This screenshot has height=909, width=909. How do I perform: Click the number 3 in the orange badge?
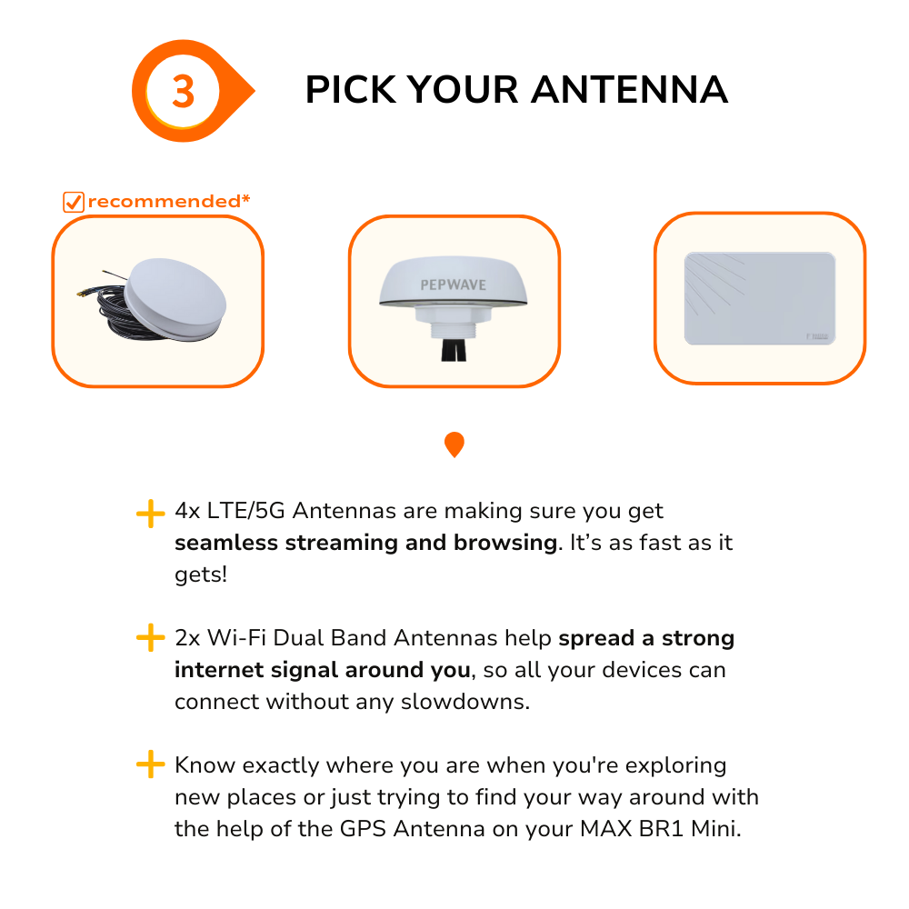coord(184,92)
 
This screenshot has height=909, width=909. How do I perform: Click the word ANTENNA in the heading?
coord(630,90)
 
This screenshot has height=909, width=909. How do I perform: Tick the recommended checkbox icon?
coord(74,202)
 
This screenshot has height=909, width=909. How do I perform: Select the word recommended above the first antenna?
coord(165,201)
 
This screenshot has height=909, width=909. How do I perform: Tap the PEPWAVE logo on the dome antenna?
coord(454,285)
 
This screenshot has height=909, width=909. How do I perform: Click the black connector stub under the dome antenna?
coord(454,350)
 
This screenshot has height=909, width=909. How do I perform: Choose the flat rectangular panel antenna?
coord(760,298)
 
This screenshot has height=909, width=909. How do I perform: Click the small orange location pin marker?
coord(454,445)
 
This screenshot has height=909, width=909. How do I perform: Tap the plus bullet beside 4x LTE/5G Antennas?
coord(151,514)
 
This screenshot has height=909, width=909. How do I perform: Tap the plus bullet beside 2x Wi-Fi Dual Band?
coord(151,638)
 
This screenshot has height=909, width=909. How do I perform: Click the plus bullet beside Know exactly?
coord(151,764)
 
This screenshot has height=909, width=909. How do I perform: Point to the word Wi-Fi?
coord(236,638)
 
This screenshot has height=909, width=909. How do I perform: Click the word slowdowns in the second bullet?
coord(464,702)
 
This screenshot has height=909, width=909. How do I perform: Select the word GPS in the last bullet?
coord(363,829)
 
